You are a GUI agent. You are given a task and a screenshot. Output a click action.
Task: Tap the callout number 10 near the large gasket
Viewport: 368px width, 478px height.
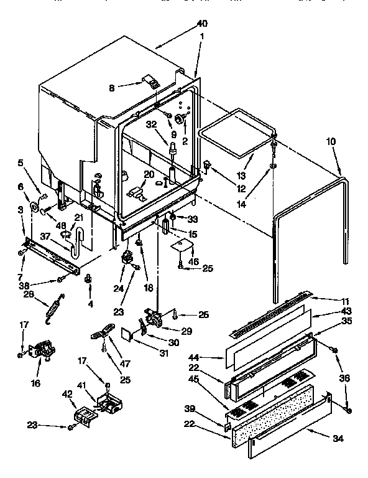pyautogui.click(x=330, y=142)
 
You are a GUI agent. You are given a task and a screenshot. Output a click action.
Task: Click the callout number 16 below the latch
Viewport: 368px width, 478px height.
pyautogui.click(x=35, y=383)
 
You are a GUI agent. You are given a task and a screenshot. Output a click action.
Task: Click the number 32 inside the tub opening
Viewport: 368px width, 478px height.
pyautogui.click(x=151, y=124)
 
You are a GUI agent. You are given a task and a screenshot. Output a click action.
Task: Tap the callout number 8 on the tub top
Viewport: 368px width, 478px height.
pyautogui.click(x=112, y=88)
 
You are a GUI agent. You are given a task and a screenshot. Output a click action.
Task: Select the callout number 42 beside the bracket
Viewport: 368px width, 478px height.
pyautogui.click(x=67, y=393)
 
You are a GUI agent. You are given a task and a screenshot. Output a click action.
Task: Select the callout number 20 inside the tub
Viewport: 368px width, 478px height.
pyautogui.click(x=149, y=174)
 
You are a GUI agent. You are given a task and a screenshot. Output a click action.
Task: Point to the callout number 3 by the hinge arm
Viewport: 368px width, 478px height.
pyautogui.click(x=22, y=210)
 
